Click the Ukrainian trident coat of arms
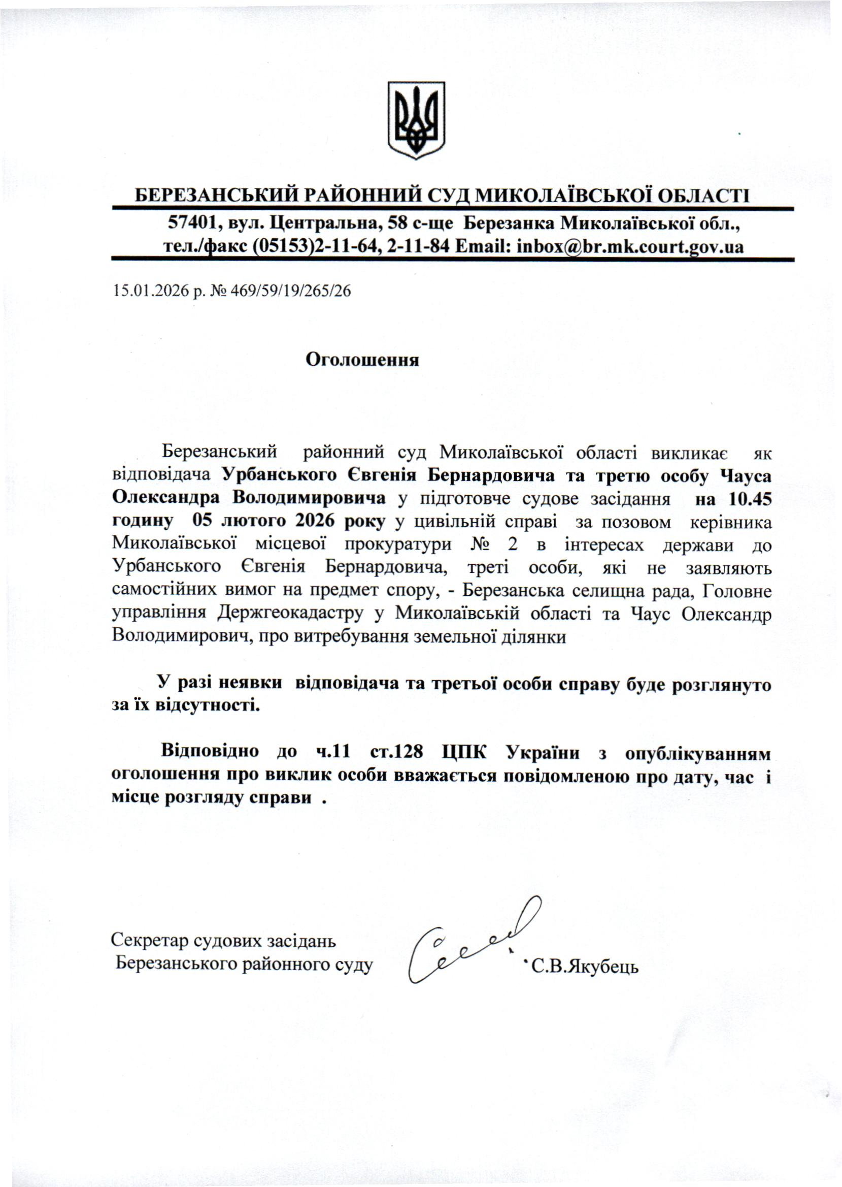(x=416, y=119)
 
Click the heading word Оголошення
(x=362, y=360)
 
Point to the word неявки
(x=250, y=683)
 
